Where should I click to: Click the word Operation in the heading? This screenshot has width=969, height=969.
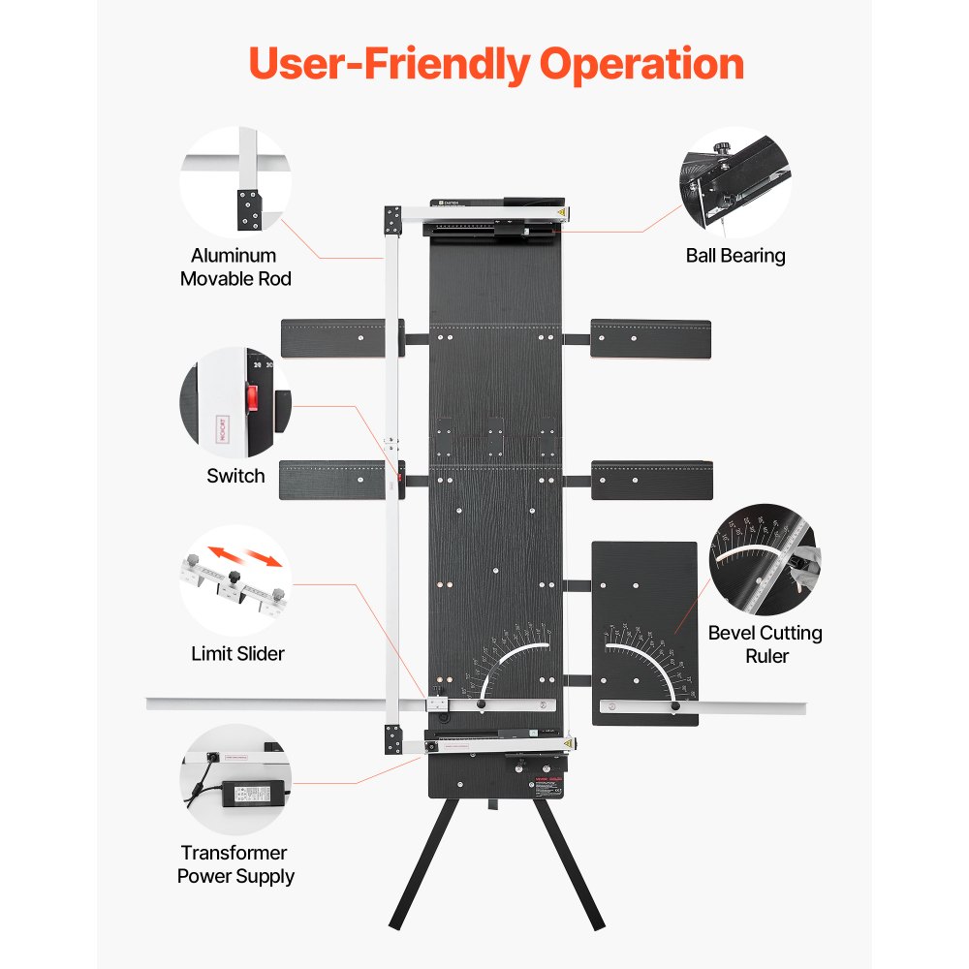pyautogui.click(x=642, y=64)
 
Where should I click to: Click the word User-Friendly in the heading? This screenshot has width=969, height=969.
pyautogui.click(x=389, y=64)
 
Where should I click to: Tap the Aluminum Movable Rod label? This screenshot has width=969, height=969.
pyautogui.click(x=234, y=267)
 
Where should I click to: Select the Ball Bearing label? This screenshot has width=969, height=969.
pyautogui.click(x=735, y=256)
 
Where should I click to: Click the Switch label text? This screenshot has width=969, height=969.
pyautogui.click(x=235, y=476)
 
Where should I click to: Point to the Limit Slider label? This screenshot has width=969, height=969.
pyautogui.click(x=237, y=654)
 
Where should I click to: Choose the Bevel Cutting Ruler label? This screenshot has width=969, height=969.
pyautogui.click(x=765, y=644)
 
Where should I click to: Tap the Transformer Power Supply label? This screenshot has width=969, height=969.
pyautogui.click(x=235, y=864)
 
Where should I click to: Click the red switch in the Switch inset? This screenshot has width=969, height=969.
pyautogui.click(x=253, y=398)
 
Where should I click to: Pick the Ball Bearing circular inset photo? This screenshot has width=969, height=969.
pyautogui.click(x=735, y=182)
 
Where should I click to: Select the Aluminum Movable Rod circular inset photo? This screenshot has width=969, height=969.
pyautogui.click(x=235, y=182)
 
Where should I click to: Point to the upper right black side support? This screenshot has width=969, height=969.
pyautogui.click(x=650, y=338)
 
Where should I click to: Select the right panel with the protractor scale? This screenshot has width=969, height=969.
pyautogui.click(x=643, y=620)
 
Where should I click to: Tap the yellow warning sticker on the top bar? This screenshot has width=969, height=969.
pyautogui.click(x=560, y=212)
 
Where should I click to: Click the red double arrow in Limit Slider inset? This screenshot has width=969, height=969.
pyautogui.click(x=246, y=558)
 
